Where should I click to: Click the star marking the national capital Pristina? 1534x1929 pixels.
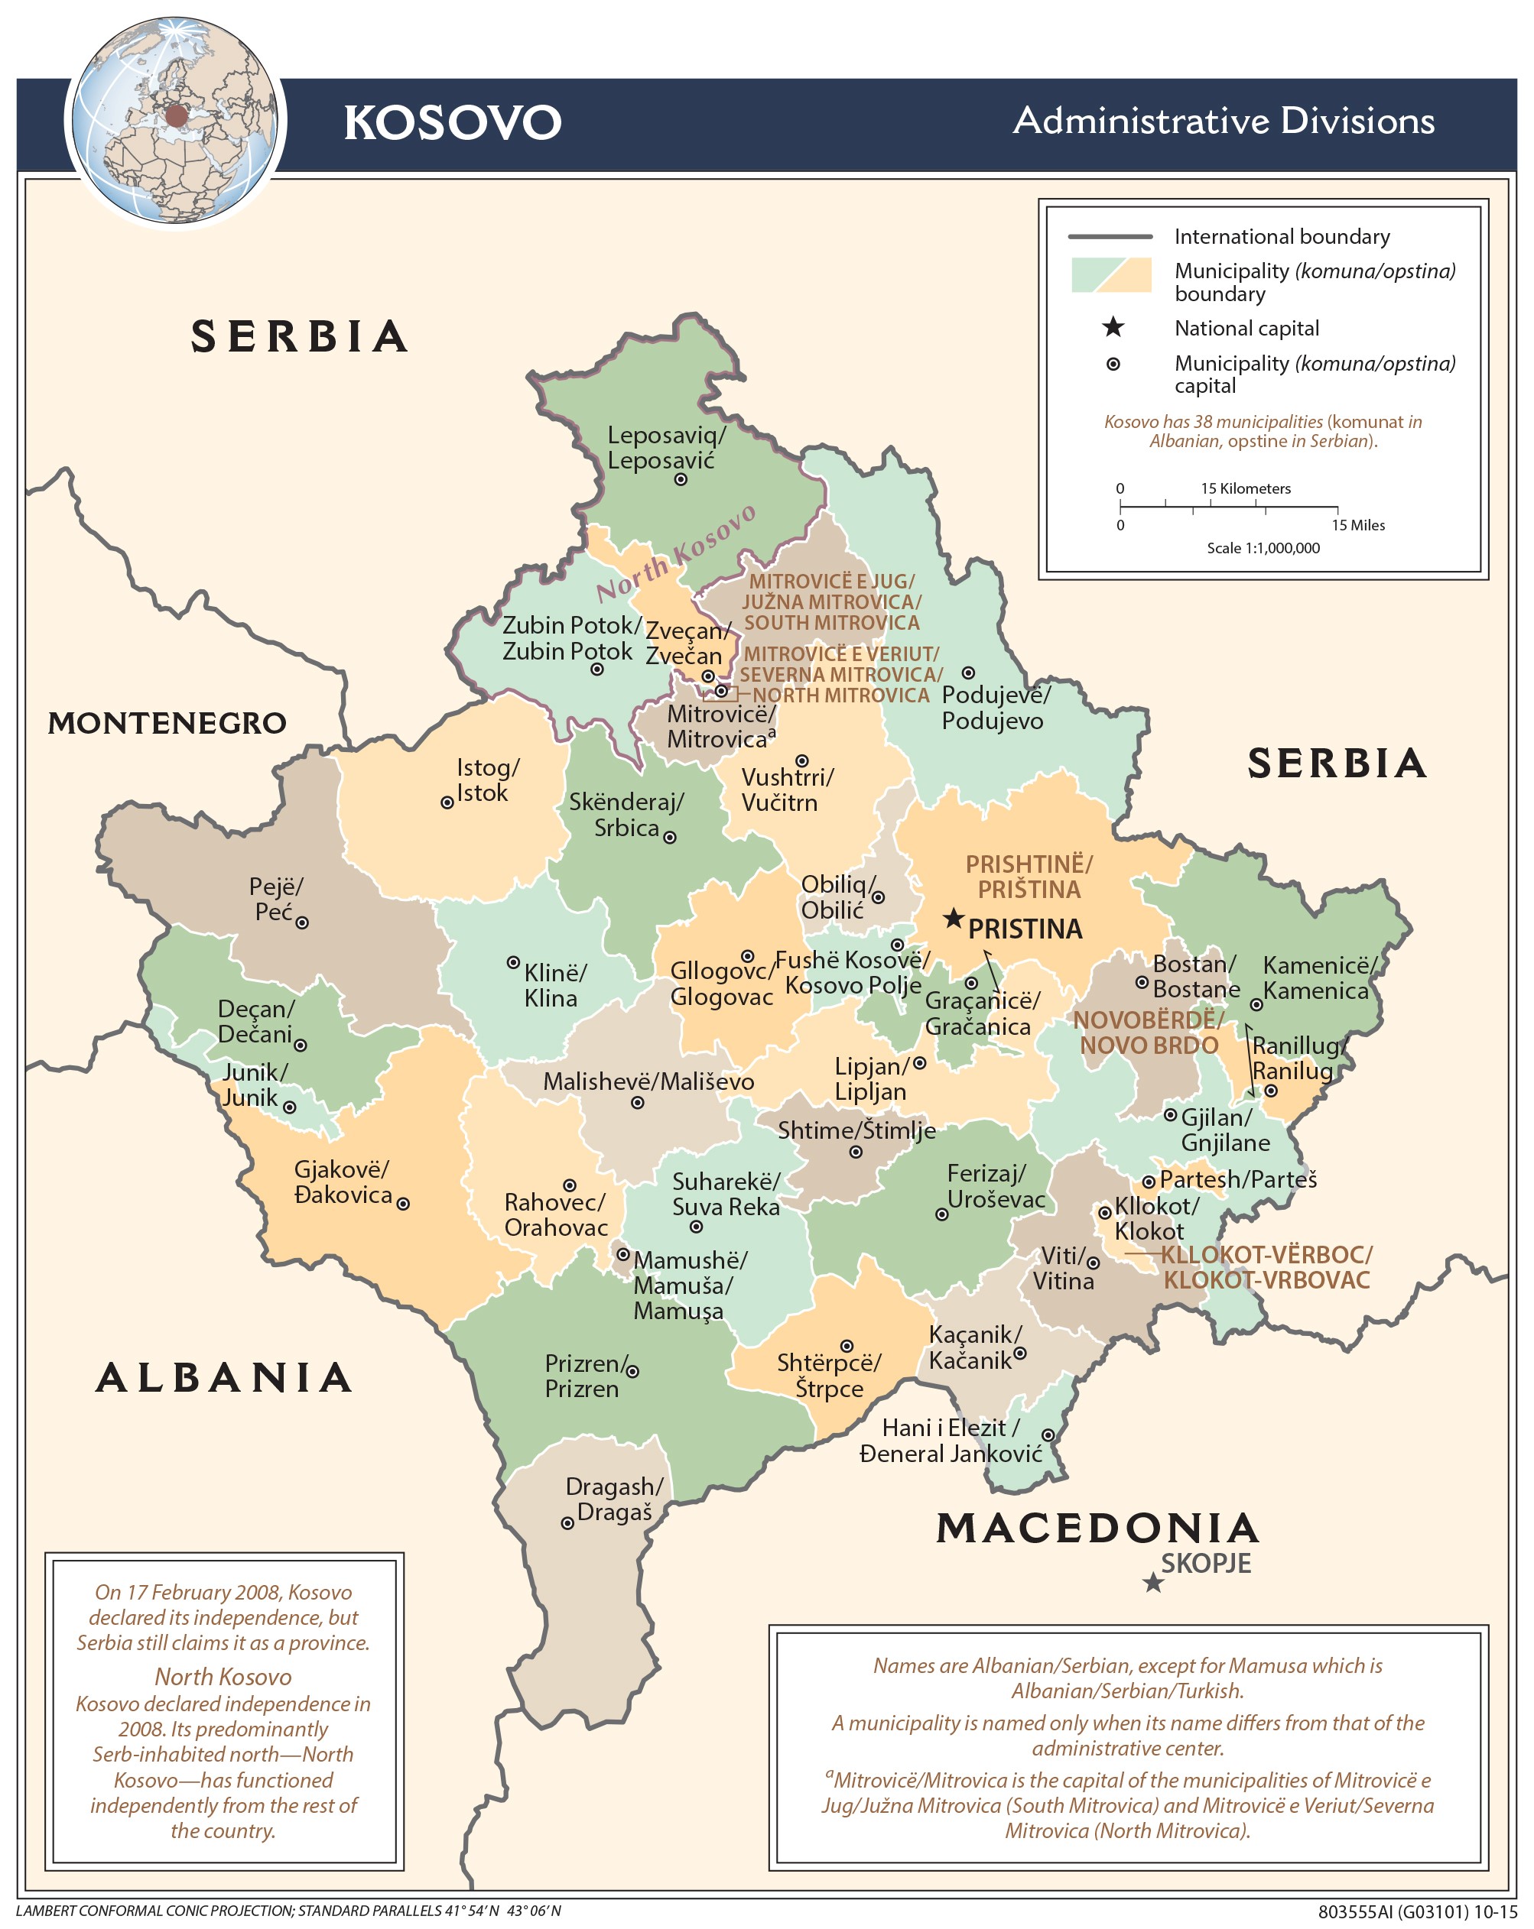[x=954, y=918]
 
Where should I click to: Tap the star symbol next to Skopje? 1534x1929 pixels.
[x=1152, y=1584]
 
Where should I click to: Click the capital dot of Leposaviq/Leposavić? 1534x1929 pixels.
[x=680, y=479]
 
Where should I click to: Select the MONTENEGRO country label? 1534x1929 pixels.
[x=167, y=723]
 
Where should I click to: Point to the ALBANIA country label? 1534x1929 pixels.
[x=224, y=1377]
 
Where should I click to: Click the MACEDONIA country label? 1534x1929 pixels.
[x=1097, y=1529]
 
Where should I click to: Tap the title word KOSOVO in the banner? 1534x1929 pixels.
[x=452, y=122]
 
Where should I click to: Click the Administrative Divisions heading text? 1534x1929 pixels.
[x=1223, y=121]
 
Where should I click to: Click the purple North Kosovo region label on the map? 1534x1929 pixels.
[x=677, y=552]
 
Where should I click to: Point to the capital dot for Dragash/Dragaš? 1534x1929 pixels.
[x=567, y=1523]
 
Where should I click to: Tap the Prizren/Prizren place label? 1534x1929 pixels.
[x=583, y=1376]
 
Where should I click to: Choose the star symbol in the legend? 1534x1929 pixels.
[x=1113, y=326]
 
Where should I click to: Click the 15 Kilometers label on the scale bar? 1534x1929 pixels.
[x=1245, y=488]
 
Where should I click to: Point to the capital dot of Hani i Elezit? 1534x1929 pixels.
[x=1047, y=1435]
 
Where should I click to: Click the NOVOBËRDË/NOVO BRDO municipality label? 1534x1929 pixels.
[x=1149, y=1033]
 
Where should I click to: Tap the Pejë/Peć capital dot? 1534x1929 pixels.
[x=303, y=922]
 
